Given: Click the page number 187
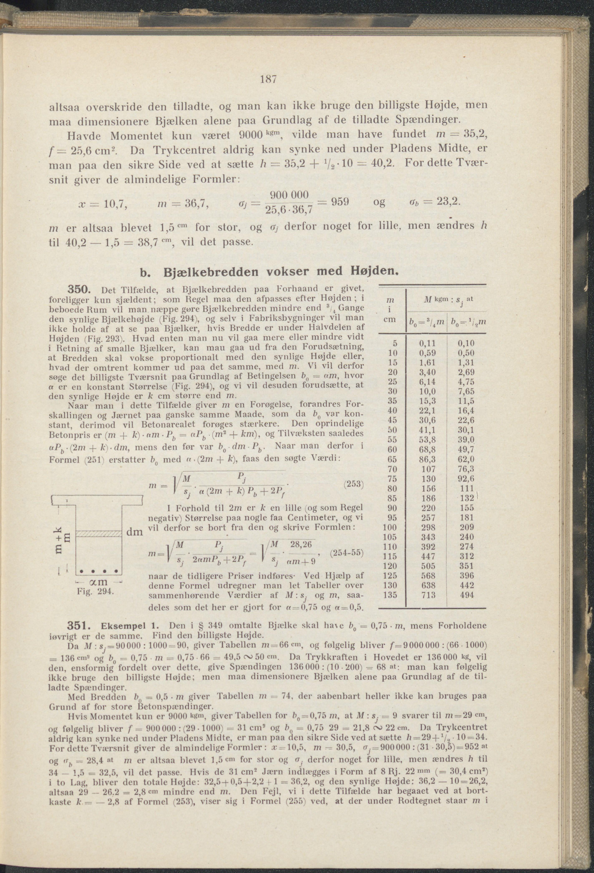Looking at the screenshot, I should point(268,80).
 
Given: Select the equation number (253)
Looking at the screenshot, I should point(354,484).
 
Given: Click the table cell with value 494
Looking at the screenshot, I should point(467,595).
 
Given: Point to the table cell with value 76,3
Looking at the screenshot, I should point(467,469).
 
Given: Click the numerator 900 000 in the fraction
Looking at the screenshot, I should point(289,195).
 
